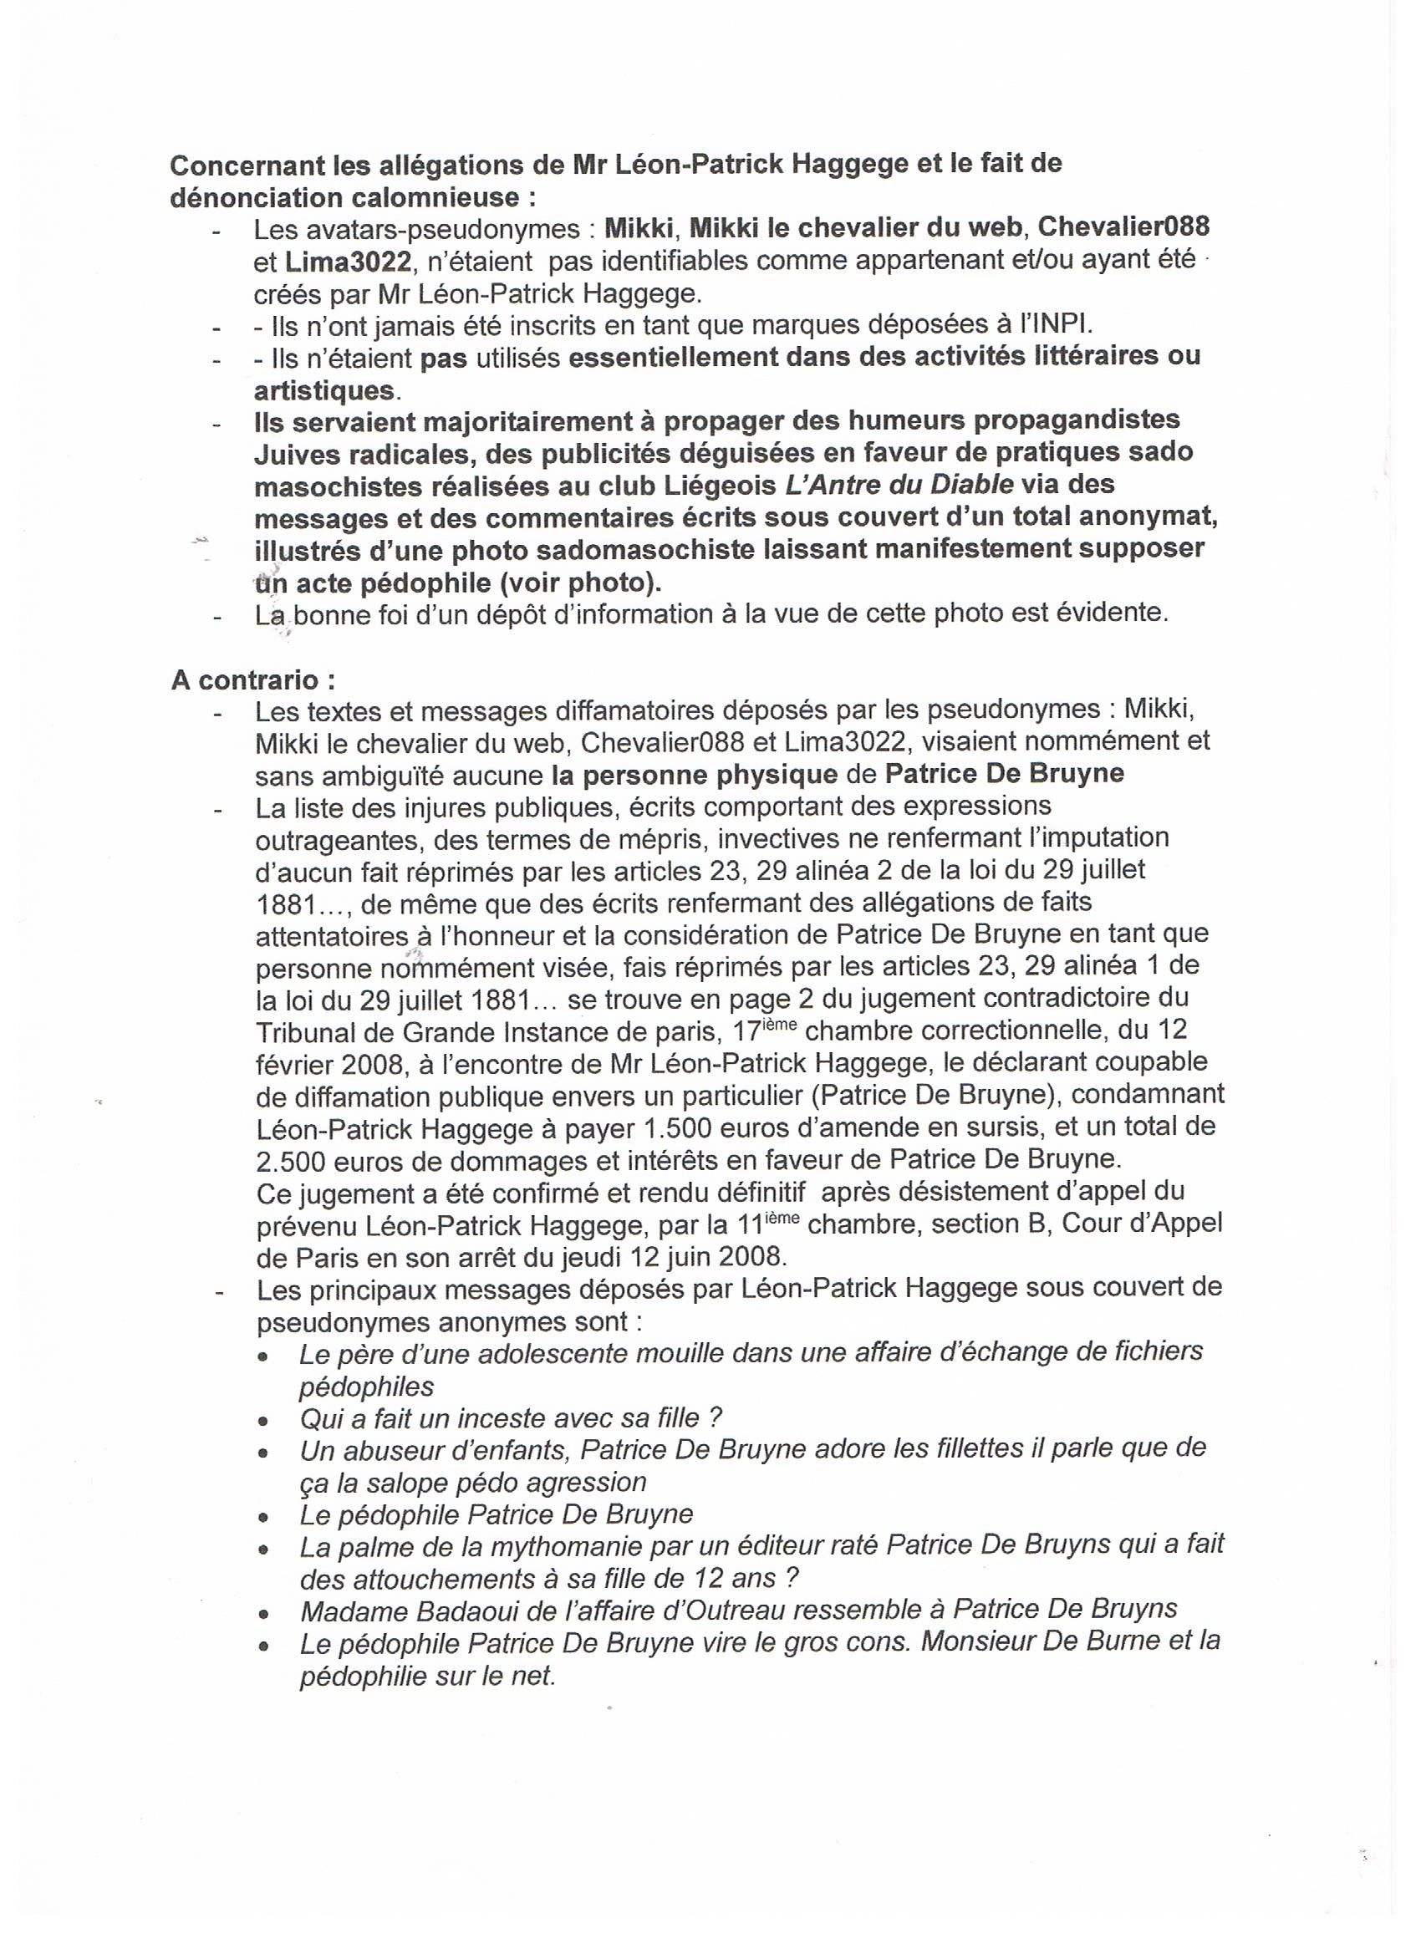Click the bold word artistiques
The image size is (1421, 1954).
point(323,390)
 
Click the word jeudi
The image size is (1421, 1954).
point(605,1256)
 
